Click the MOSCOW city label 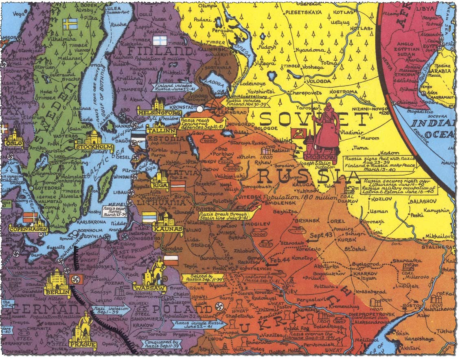(x=320, y=157)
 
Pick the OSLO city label (x=14, y=144)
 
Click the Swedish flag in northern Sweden (x=70, y=24)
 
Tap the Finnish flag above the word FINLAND (x=160, y=41)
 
